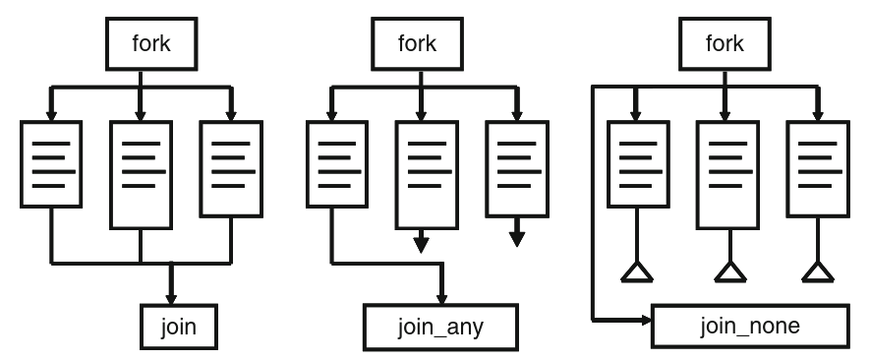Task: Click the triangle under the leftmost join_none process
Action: point(637,271)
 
